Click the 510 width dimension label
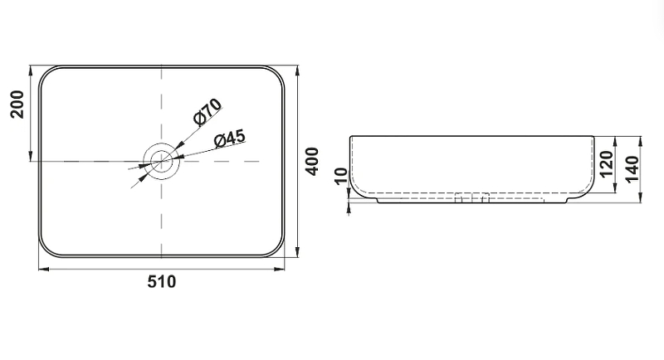pyautogui.click(x=161, y=281)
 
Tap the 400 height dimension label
pyautogui.click(x=313, y=161)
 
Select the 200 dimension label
pyautogui.click(x=17, y=104)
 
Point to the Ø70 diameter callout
pyautogui.click(x=207, y=112)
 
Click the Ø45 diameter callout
pyautogui.click(x=230, y=139)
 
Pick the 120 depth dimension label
pyautogui.click(x=607, y=164)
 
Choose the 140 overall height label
pyautogui.click(x=632, y=169)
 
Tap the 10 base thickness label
pyautogui.click(x=341, y=177)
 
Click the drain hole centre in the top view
pyautogui.click(x=161, y=161)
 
